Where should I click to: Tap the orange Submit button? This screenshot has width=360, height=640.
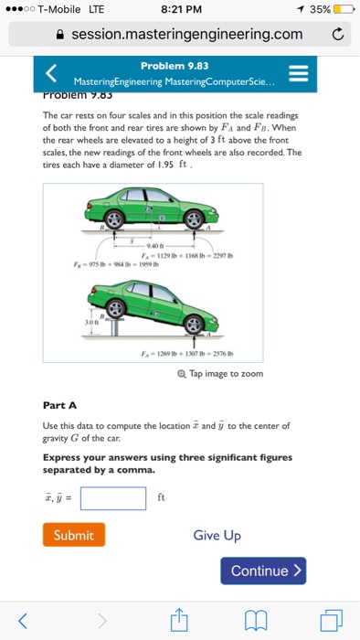pos(74,535)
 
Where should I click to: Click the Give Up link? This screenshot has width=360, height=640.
pos(217,535)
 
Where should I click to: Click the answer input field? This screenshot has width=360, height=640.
pos(113,498)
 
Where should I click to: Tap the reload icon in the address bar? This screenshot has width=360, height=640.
pos(337,34)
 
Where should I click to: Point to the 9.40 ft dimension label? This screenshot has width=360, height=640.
pos(151,246)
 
